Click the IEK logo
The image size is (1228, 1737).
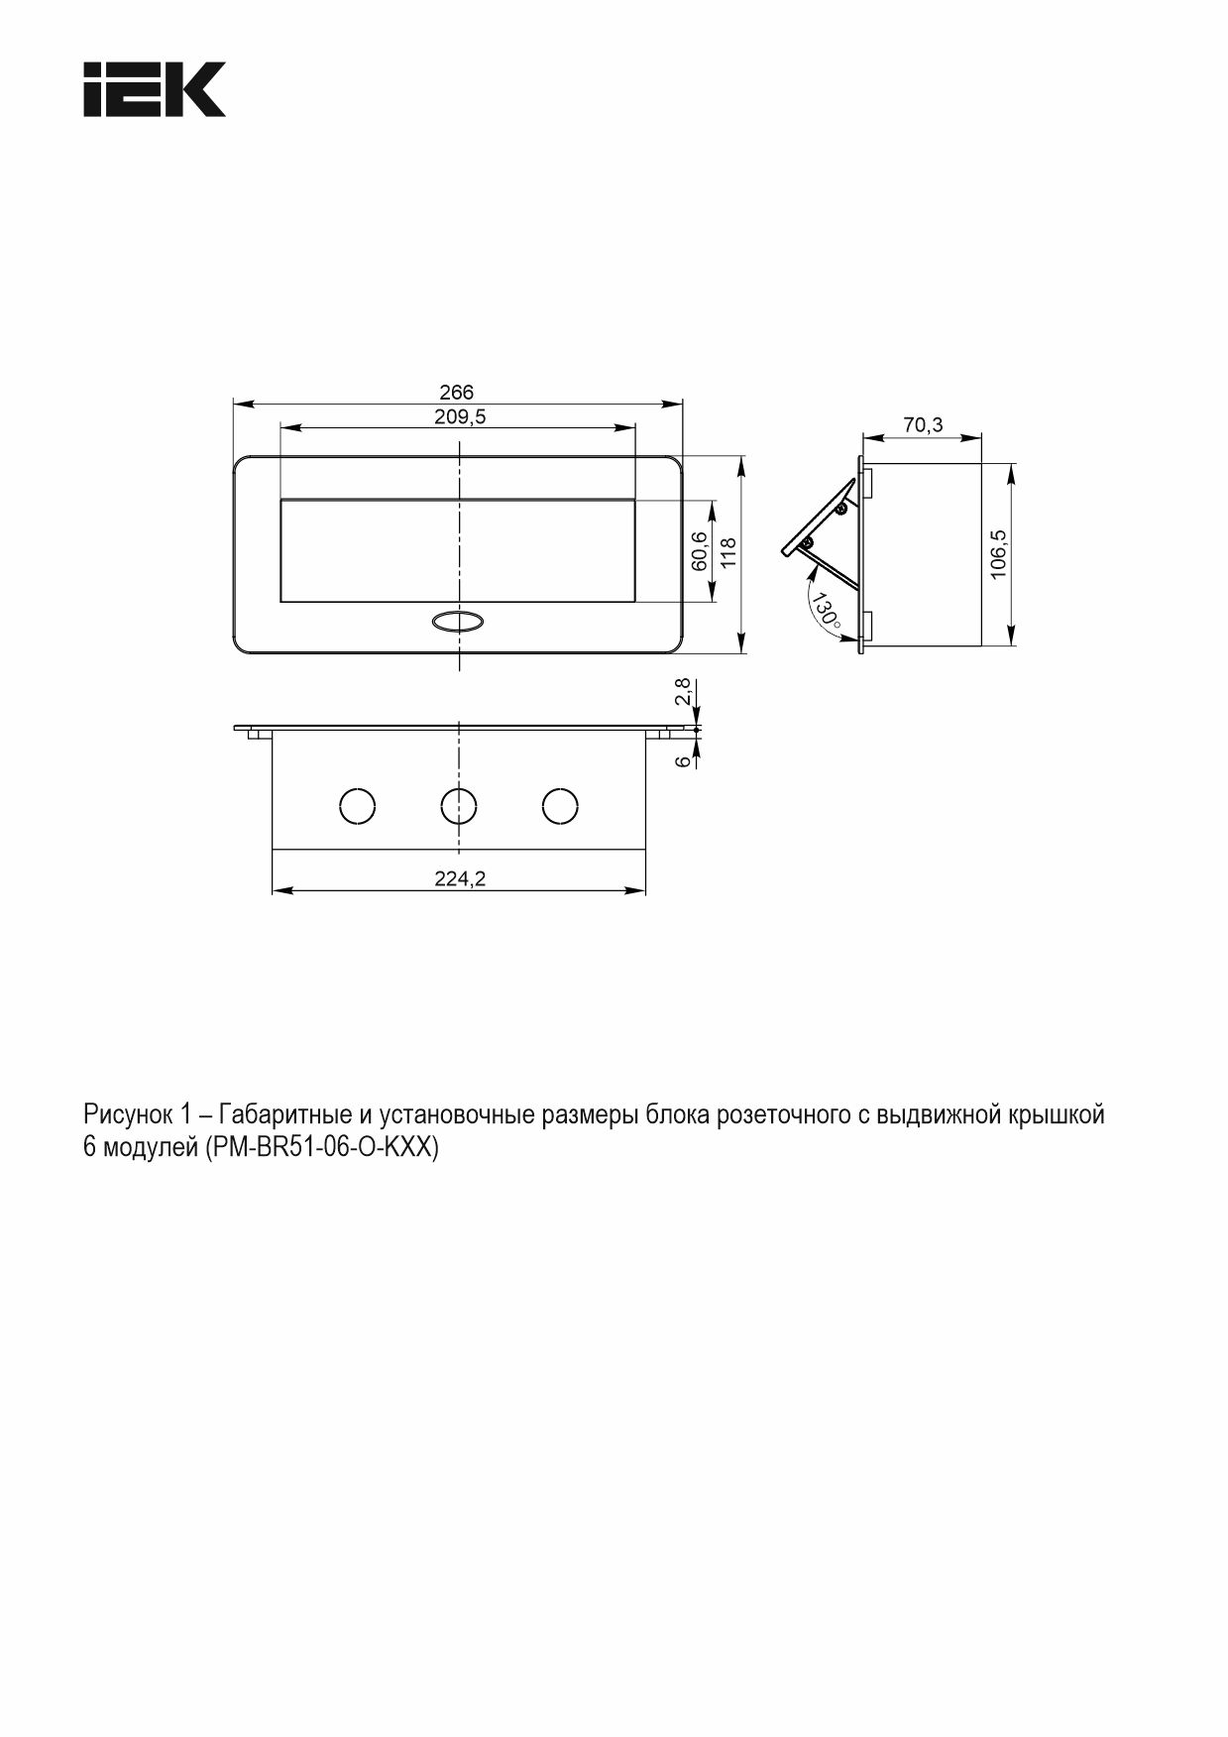(155, 89)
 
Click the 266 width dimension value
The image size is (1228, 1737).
(456, 393)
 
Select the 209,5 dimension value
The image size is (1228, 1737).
(460, 417)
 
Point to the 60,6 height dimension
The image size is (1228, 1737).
(699, 550)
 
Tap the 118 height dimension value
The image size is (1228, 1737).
(728, 552)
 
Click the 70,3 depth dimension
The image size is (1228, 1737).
(923, 425)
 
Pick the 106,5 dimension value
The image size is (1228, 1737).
(998, 553)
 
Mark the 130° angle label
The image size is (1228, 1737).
(825, 613)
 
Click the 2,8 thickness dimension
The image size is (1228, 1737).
(681, 692)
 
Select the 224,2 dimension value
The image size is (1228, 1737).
(460, 878)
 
